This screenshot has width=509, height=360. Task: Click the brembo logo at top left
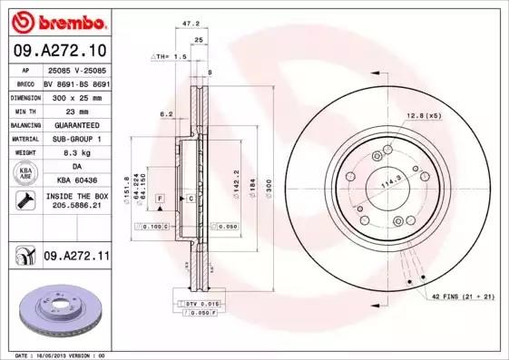59,19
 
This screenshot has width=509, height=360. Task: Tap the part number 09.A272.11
76,258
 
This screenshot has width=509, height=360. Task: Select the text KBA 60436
76,180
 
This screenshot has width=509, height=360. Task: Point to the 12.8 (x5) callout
423,115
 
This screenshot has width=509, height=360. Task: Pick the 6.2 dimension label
165,114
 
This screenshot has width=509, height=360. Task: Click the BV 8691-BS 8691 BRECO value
76,81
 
